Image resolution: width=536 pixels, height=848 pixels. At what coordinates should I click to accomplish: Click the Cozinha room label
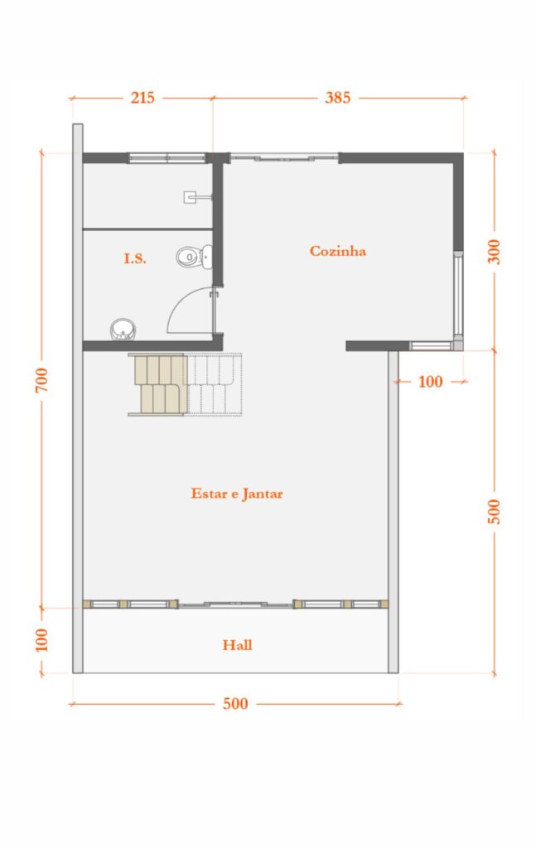(338, 251)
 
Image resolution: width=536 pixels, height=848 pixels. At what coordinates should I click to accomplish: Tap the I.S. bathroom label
(135, 258)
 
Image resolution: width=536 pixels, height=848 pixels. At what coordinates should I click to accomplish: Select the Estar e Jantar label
(237, 494)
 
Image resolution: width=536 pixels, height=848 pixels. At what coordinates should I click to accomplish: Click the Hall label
(237, 644)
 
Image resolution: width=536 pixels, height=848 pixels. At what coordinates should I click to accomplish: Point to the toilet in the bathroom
(194, 257)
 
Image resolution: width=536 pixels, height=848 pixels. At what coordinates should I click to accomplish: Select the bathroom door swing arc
(189, 311)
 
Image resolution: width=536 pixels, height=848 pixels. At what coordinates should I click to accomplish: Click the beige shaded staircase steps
(157, 384)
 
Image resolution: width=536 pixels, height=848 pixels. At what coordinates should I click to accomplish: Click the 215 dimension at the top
(142, 98)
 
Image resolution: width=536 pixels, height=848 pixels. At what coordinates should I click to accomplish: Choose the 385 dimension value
(337, 98)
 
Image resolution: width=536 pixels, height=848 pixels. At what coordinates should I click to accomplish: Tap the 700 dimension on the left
(42, 380)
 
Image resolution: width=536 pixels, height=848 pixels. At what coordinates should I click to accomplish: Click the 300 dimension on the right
(495, 251)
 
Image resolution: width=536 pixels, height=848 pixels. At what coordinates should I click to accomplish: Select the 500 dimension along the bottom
(235, 704)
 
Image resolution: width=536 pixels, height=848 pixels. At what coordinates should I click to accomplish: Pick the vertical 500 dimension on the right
(495, 512)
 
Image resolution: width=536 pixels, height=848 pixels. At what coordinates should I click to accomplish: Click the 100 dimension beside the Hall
(42, 639)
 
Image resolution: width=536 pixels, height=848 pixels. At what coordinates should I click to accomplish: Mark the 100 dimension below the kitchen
(430, 382)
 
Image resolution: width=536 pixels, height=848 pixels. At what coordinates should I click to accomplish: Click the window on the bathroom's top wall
(167, 157)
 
